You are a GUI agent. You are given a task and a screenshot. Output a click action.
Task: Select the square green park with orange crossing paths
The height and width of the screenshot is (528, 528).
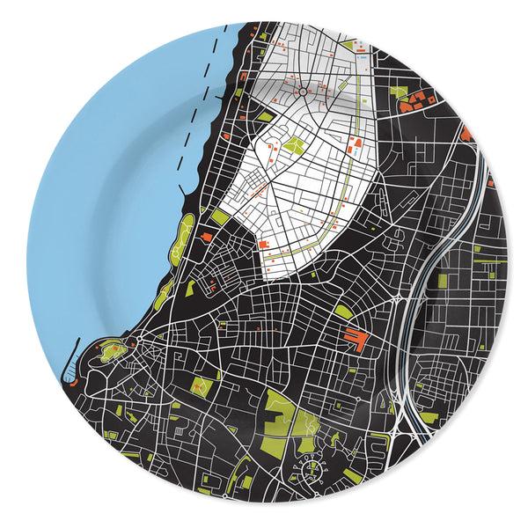(203, 386)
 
